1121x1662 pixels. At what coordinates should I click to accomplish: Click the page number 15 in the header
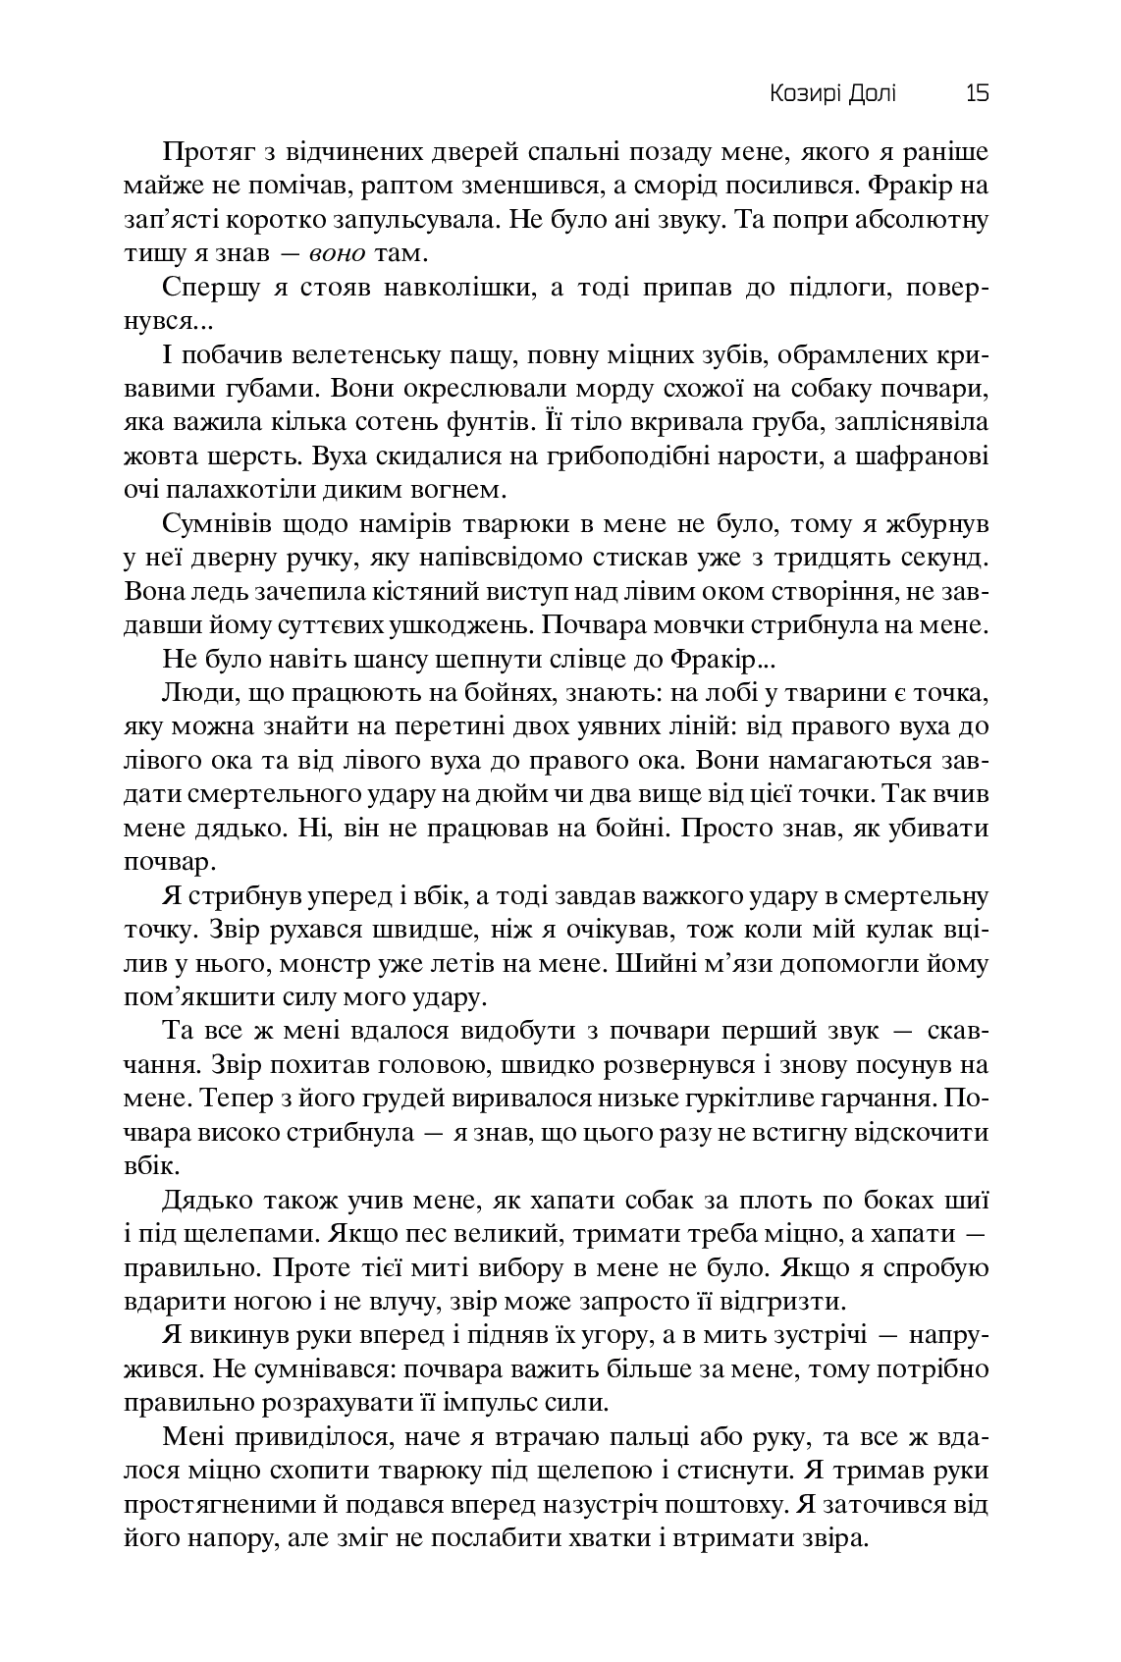pyautogui.click(x=977, y=93)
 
